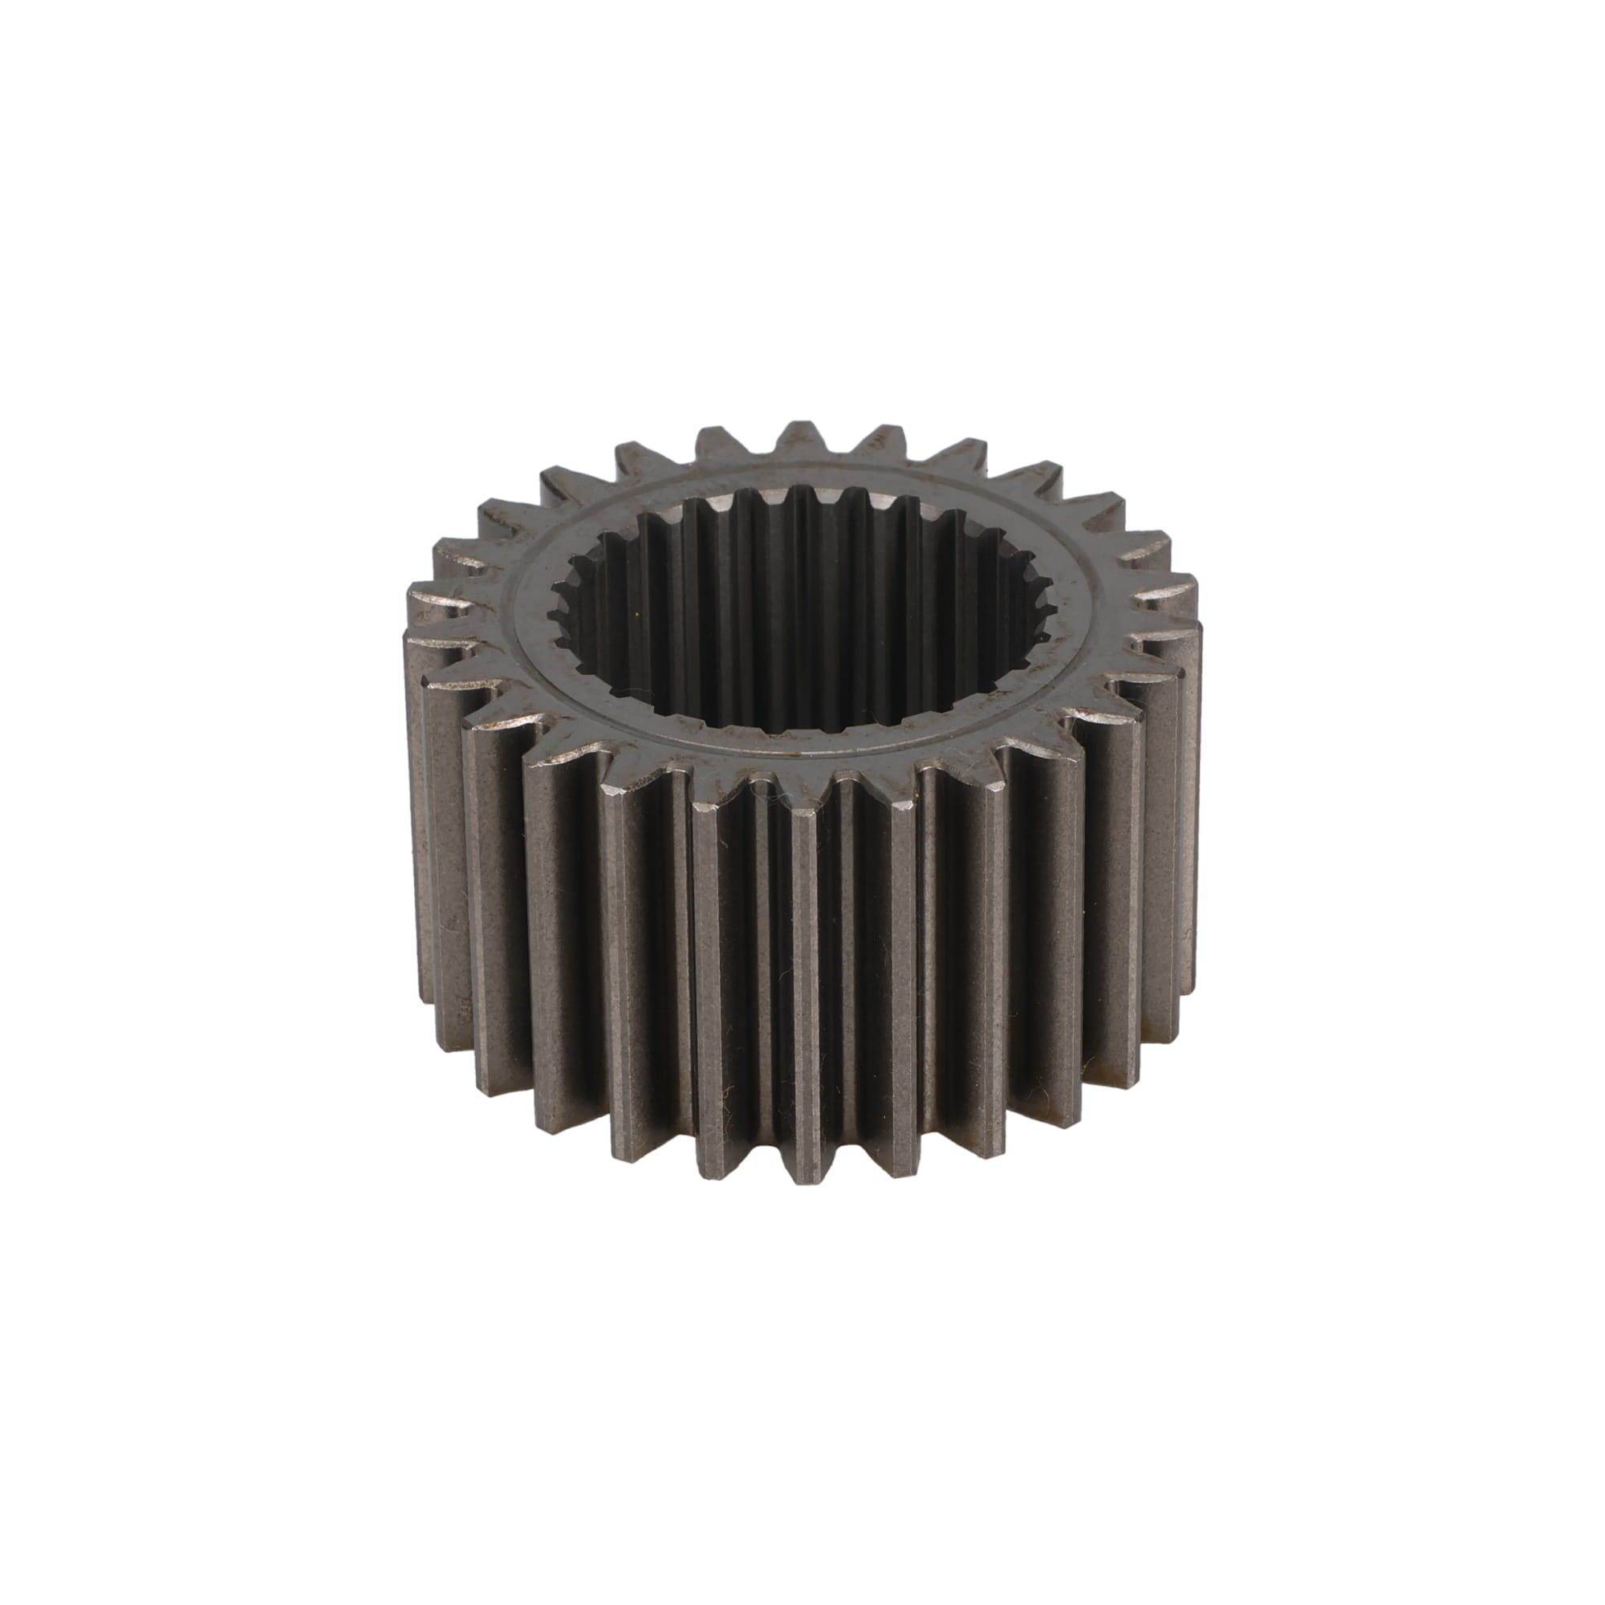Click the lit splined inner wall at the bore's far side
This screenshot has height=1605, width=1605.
pos(798,540)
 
